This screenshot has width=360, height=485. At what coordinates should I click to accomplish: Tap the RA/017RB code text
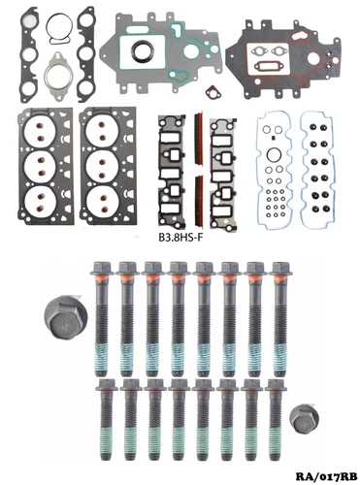326,476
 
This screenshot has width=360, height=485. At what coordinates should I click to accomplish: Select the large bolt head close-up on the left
65,317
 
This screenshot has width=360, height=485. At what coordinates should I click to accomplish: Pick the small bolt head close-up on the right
304,419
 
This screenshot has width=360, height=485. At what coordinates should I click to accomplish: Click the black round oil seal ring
143,51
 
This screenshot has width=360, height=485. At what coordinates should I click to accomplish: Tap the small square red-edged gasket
213,93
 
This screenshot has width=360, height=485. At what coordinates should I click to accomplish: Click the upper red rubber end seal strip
199,139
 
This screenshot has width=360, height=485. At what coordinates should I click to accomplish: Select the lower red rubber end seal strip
199,201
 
